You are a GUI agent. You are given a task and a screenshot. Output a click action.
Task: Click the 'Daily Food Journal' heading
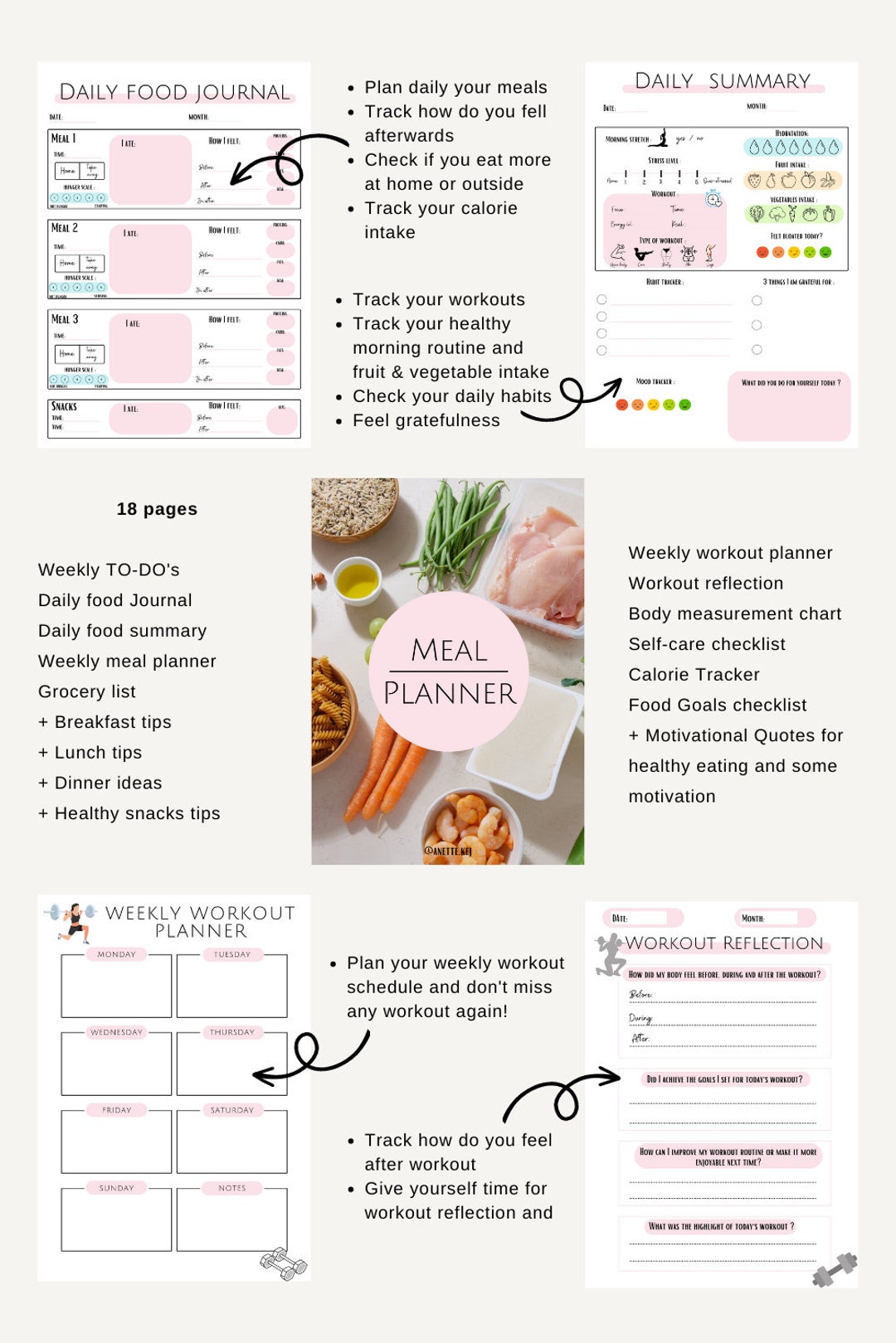[174, 92]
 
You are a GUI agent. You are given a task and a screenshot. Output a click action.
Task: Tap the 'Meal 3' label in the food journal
[65, 319]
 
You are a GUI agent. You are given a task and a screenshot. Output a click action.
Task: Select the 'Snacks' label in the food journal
[64, 406]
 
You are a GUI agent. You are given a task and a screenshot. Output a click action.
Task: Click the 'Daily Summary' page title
[722, 81]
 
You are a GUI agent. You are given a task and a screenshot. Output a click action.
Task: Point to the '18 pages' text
[157, 509]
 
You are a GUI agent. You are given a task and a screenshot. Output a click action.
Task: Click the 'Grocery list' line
[87, 691]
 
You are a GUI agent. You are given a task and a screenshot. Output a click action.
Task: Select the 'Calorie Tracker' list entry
[694, 675]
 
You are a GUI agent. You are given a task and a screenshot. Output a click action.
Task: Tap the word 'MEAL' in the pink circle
[449, 651]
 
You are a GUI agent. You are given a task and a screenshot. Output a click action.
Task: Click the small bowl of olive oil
[358, 580]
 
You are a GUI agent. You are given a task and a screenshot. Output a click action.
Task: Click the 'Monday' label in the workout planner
[116, 954]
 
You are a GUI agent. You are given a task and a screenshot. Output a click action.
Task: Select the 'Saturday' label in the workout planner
[231, 1110]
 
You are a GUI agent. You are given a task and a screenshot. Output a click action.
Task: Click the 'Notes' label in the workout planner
[231, 1188]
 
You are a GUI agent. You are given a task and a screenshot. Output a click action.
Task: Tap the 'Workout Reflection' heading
[723, 943]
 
